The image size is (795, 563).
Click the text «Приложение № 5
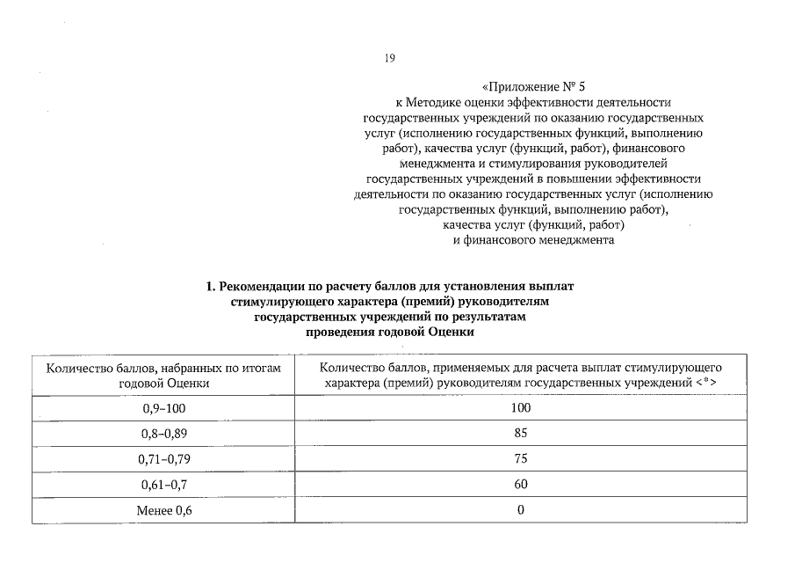point(533,87)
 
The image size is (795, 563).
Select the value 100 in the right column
point(521,408)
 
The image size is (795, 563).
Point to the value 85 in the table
point(521,434)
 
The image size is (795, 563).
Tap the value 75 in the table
point(521,459)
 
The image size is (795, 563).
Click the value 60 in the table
point(521,485)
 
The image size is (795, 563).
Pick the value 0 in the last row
point(521,510)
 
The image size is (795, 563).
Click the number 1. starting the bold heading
point(211,287)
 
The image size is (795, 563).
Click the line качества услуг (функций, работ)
point(533,225)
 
